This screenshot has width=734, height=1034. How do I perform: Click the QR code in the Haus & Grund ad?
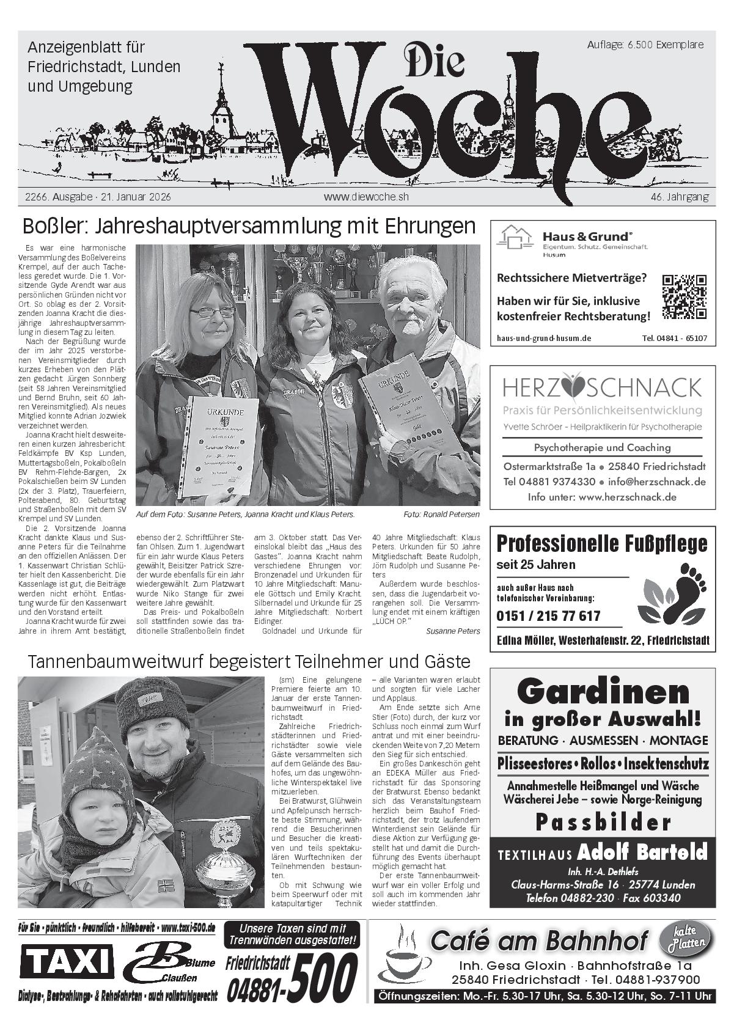[x=684, y=296]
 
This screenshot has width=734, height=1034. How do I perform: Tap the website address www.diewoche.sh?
[x=366, y=197]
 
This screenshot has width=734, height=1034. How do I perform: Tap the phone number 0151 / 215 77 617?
[x=548, y=616]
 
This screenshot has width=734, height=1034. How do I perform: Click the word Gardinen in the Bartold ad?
[x=603, y=691]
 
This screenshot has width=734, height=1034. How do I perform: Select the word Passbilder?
[x=603, y=823]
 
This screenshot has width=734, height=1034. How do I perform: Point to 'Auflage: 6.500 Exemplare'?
[x=645, y=45]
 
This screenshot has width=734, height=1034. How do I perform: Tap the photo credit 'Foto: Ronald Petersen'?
[x=441, y=515]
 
